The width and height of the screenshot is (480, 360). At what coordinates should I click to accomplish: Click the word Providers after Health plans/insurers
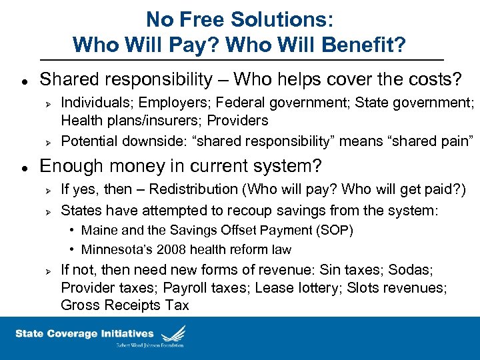coord(238,121)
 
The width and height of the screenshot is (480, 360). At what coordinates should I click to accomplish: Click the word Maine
coord(98,230)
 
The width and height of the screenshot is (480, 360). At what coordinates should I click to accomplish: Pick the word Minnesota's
coord(113,250)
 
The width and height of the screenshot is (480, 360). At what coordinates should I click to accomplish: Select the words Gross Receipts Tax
coord(125,305)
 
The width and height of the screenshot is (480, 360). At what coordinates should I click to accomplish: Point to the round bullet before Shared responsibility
coord(23,80)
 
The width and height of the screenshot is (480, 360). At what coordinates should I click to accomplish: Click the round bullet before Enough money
coord(23,165)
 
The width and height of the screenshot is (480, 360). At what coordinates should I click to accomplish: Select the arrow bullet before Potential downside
coord(47,141)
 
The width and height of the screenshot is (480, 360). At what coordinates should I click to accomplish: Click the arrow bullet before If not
coord(47,270)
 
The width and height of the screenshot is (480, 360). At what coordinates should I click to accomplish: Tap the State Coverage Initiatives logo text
coord(85,333)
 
